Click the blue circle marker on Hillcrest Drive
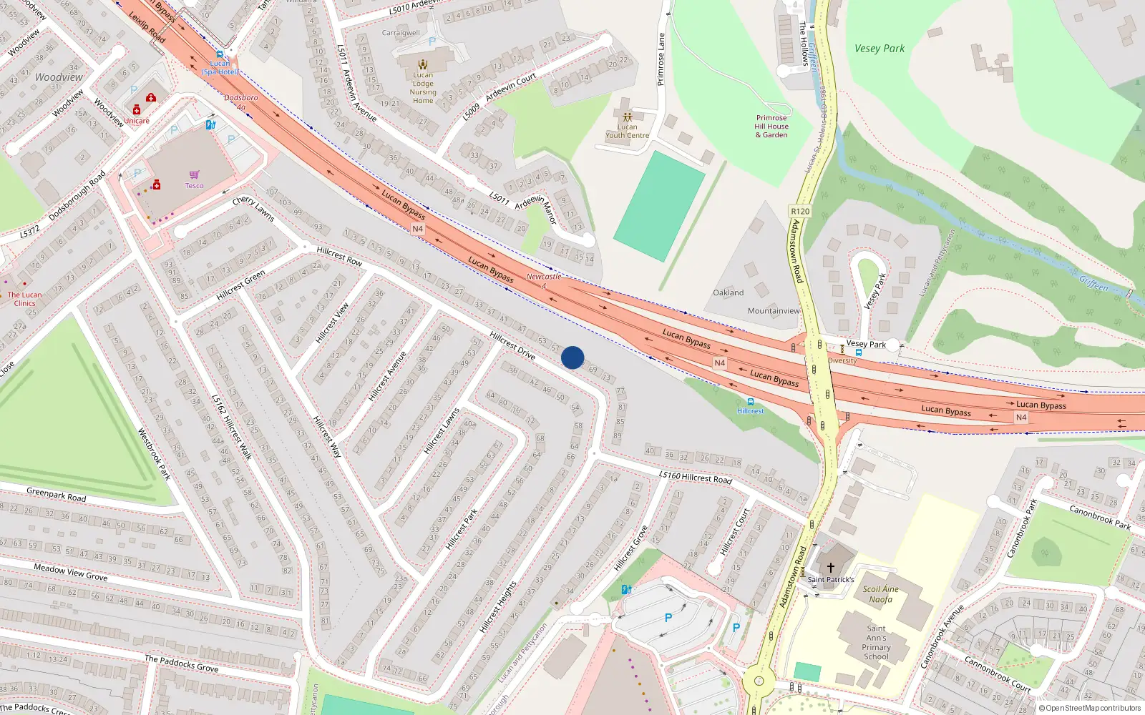coord(572,357)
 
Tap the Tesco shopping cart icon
coord(194,174)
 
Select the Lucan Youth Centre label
coord(628,131)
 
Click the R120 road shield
coord(800,211)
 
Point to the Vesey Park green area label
coord(880,49)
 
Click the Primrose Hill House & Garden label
coord(771,127)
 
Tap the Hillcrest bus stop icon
coord(750,402)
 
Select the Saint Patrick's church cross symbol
coord(830,567)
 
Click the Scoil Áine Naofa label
coord(880,594)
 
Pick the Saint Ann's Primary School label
coord(876,642)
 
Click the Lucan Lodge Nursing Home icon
coord(423,64)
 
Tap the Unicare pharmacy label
coord(137,121)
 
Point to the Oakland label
coord(728,292)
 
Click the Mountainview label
coord(774,311)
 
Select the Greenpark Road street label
coord(56,494)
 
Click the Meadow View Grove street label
coord(71,572)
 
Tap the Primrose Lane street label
coord(661,59)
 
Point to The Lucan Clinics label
coord(24,299)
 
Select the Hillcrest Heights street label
coord(498,607)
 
